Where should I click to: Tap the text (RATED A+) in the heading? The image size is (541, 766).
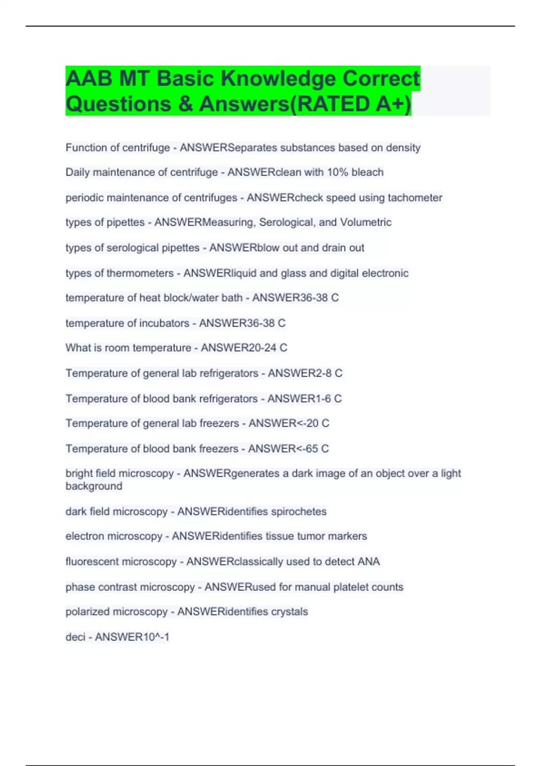(x=352, y=104)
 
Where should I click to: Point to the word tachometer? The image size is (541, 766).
(x=415, y=198)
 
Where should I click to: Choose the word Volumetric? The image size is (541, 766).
(x=366, y=223)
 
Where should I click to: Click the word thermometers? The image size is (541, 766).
(x=140, y=273)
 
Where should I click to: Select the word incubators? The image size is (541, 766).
(x=164, y=323)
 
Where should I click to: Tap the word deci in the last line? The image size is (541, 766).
(x=75, y=637)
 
